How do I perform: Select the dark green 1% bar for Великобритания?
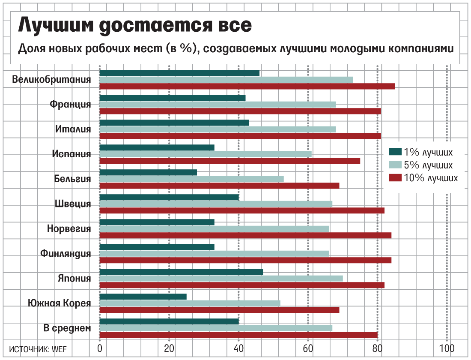pos(179,73)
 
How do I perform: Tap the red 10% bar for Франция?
pos(240,111)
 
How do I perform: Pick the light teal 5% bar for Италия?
pos(218,129)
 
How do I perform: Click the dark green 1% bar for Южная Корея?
pos(143,297)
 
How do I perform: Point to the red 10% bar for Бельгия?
pos(219,186)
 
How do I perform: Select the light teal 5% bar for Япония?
pos(221,279)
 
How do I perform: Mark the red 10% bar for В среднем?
pos(238,335)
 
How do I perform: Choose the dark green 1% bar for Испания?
pos(157,147)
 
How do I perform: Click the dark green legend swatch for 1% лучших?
pos(395,152)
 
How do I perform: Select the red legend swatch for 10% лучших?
pos(395,178)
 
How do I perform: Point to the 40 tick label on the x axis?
pos(239,348)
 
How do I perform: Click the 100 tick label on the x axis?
pos(447,348)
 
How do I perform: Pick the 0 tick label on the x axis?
pos(100,348)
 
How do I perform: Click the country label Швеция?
pos(73,204)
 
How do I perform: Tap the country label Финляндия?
pos(66,254)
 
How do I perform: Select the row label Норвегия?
pos(69,229)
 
